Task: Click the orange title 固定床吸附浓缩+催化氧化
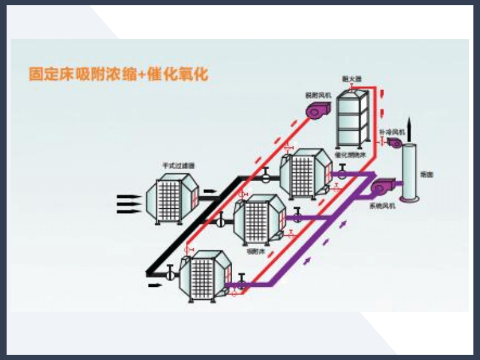pyautogui.click(x=118, y=75)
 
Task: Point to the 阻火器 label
pyautogui.click(x=350, y=79)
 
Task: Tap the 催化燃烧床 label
pyautogui.click(x=350, y=155)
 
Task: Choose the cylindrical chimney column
pyautogui.click(x=409, y=171)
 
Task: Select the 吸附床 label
pyautogui.click(x=255, y=252)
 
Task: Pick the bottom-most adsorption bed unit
pyautogui.click(x=206, y=275)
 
